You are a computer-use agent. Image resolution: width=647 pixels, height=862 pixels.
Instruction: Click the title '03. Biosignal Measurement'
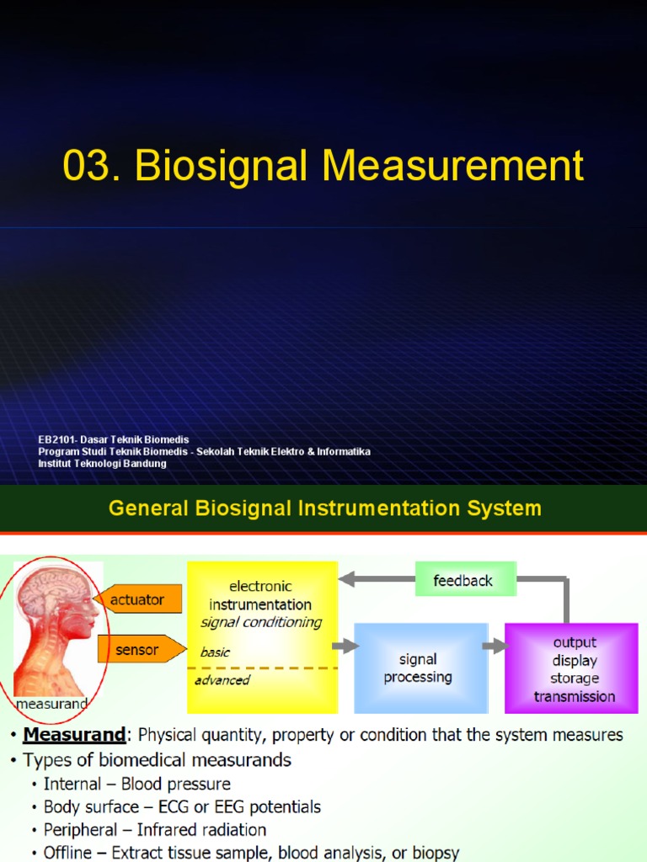[323, 166]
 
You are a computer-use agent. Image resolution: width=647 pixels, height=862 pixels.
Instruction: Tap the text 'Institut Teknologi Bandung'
[102, 464]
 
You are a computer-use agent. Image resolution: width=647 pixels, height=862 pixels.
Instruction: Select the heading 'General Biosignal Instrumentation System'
[323, 508]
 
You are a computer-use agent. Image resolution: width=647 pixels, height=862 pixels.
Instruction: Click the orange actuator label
[136, 600]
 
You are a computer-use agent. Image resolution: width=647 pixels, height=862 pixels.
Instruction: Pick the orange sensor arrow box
[139, 649]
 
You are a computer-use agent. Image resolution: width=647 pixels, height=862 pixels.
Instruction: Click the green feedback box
[463, 581]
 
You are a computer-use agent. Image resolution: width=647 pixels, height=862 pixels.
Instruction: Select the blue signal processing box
[419, 668]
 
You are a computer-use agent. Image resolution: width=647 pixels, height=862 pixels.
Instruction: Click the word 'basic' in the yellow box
[215, 652]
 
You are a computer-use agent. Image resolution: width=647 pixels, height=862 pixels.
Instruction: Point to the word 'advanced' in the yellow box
[222, 680]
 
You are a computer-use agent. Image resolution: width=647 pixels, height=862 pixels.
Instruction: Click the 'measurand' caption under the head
[52, 703]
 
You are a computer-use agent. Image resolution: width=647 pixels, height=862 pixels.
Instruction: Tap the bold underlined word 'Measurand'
[74, 735]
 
